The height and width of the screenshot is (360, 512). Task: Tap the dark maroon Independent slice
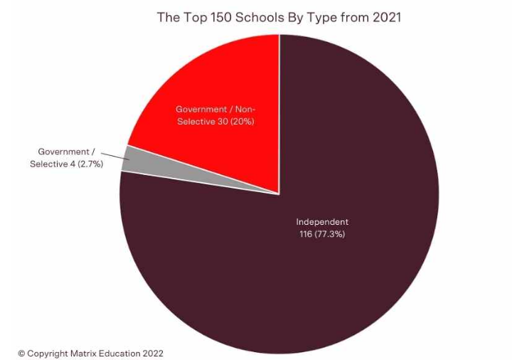(x=320, y=285)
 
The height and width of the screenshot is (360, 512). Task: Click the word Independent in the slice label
(x=322, y=222)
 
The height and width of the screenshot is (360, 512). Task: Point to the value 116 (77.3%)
(x=322, y=234)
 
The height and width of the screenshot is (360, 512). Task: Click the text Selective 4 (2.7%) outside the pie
(x=67, y=164)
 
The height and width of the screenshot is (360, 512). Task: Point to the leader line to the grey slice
(x=119, y=156)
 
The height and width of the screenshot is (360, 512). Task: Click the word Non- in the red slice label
(x=244, y=110)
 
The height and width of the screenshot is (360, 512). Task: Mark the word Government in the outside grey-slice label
(x=63, y=152)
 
